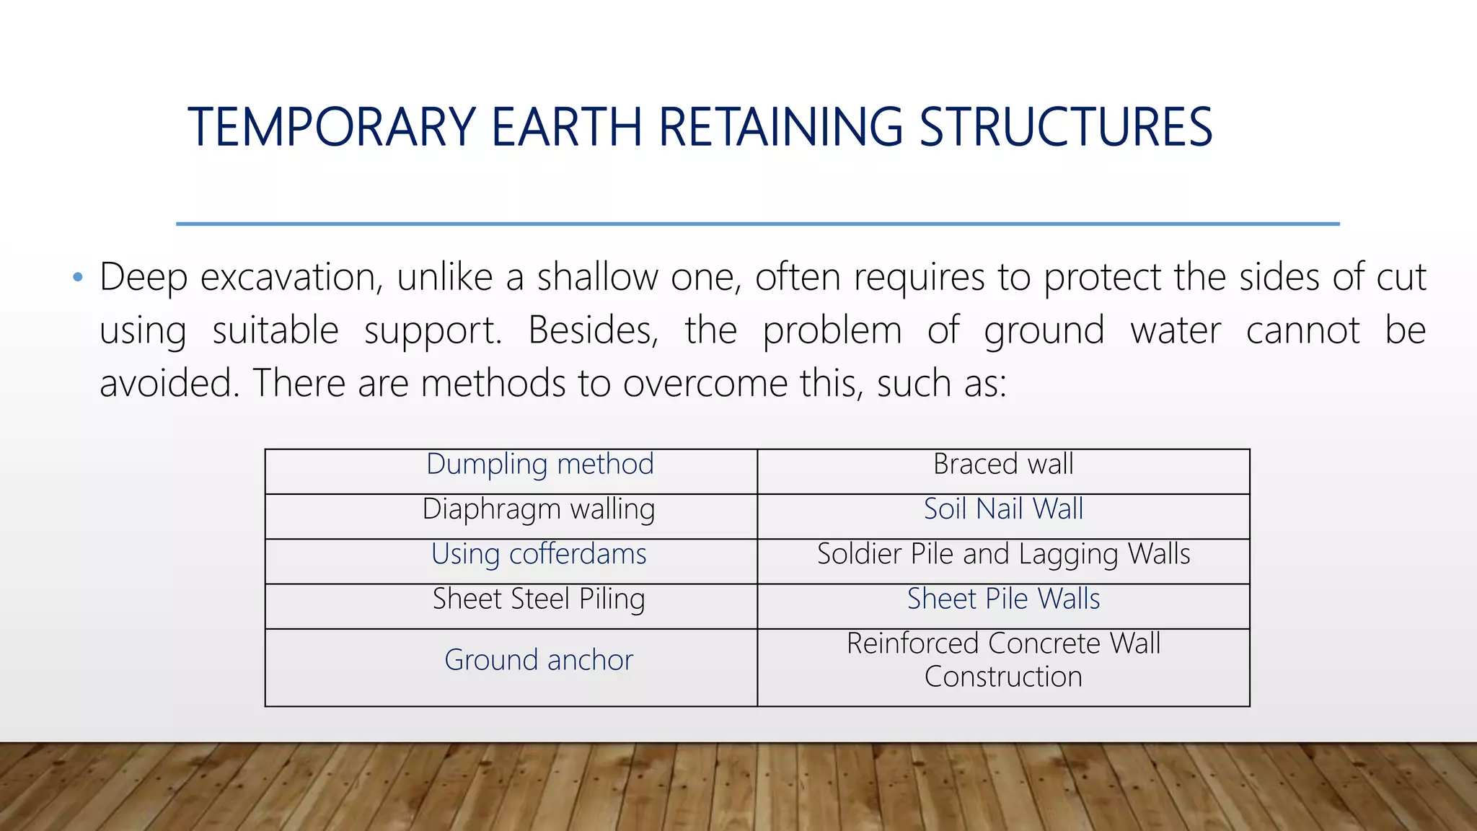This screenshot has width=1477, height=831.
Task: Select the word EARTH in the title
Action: coord(566,128)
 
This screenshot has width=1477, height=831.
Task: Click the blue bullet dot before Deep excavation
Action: coord(78,278)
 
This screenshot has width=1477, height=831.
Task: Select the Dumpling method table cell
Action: coord(539,465)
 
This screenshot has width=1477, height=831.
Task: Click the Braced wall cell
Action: coord(1003,465)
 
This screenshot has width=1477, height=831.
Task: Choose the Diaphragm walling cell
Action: coord(539,510)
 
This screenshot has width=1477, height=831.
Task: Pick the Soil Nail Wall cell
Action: coord(1003,510)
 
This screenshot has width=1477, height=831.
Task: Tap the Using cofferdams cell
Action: coord(539,555)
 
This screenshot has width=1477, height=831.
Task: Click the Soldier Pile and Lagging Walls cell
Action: coord(1003,555)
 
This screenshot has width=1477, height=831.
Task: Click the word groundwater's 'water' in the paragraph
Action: coord(1175,331)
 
